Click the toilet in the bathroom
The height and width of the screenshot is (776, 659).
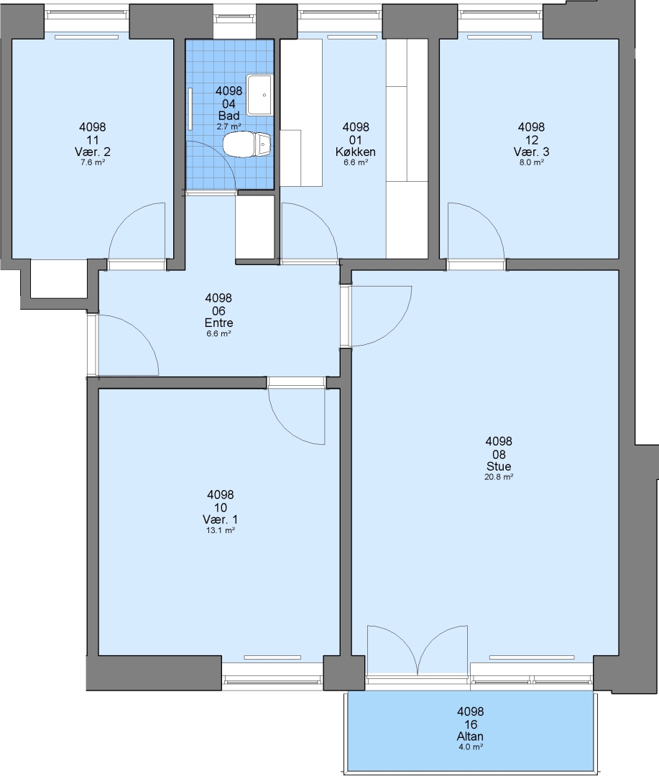[x=246, y=144]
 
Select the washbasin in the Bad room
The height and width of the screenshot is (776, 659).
[x=259, y=95]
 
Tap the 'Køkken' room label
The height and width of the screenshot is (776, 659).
[x=356, y=152]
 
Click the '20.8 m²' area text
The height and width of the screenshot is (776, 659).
[x=499, y=477]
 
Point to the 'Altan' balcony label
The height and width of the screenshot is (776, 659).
[x=470, y=736]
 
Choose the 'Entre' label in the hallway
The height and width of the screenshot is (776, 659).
[x=218, y=323]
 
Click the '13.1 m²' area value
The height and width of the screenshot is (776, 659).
[x=221, y=530]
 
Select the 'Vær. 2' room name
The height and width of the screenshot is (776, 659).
[x=92, y=152]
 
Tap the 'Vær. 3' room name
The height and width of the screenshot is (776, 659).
[x=531, y=152]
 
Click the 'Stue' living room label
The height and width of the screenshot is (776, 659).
[x=499, y=466]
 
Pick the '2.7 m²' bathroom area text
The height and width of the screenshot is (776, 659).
[x=229, y=126]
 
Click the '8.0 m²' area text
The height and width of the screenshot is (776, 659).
[x=531, y=162]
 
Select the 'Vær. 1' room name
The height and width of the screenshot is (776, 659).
[x=221, y=519]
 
